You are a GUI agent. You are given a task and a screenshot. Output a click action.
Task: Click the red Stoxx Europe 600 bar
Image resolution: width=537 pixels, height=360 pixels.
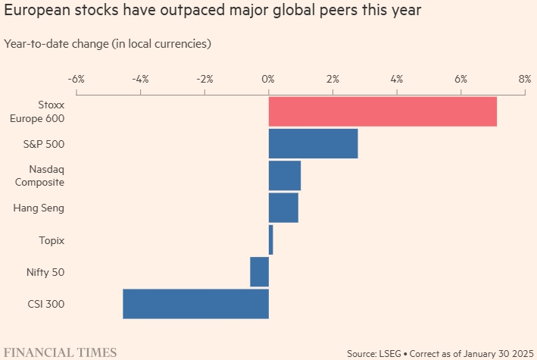click(x=382, y=111)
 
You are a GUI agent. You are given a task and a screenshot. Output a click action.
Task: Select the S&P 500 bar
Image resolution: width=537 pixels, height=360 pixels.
click(x=313, y=143)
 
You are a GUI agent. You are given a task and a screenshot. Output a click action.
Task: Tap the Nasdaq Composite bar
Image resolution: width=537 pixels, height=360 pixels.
click(x=285, y=176)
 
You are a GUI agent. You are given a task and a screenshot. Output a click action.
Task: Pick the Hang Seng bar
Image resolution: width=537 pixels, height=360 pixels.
click(x=283, y=208)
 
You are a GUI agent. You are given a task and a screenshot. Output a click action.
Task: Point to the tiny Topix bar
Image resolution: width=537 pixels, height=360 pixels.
click(x=271, y=239)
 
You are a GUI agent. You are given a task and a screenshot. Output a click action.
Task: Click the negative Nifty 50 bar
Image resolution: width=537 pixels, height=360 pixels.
click(x=260, y=272)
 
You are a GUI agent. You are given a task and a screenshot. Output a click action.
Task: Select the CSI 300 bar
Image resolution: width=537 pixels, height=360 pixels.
click(x=195, y=304)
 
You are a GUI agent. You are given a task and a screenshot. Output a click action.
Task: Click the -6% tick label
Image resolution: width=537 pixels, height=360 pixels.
click(x=76, y=79)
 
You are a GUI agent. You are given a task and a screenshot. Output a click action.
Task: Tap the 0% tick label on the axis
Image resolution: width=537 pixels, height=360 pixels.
click(x=268, y=79)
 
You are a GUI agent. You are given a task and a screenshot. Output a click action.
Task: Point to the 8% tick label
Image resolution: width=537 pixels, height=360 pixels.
click(x=525, y=79)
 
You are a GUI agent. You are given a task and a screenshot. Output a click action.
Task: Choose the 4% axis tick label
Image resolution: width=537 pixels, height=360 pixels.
click(x=397, y=79)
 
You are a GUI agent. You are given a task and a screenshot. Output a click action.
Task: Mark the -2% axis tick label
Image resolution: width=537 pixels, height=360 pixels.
click(x=204, y=79)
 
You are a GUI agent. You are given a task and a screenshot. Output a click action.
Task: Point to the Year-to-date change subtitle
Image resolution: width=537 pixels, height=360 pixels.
click(x=107, y=43)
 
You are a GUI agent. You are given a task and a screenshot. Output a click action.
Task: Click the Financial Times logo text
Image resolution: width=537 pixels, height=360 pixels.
click(x=61, y=352)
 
